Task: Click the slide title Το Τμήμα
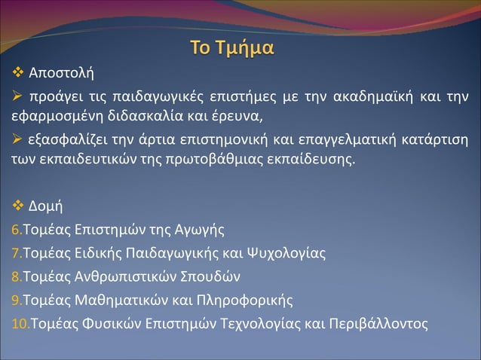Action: pos(233,50)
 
